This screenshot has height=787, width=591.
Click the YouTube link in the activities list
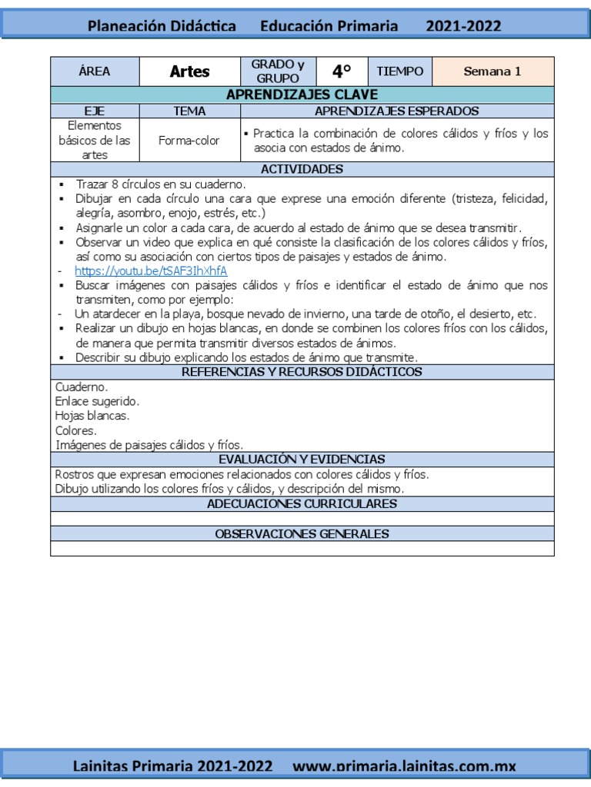coord(151,271)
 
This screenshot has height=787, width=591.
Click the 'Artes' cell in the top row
coord(189,71)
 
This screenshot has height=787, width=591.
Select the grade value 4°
coord(342,71)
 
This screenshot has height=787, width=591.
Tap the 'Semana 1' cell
coord(492,71)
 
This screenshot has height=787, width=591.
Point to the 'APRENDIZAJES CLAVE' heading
coord(302,95)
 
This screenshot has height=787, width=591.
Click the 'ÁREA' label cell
coord(95,71)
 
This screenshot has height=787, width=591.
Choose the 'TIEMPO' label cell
coord(400,71)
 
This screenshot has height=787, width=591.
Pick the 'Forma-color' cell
coord(189,141)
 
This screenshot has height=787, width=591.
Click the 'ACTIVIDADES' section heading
coord(302,169)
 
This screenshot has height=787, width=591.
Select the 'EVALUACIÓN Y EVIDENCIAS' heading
coord(302,459)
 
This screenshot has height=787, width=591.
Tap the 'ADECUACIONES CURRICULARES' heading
coord(302,504)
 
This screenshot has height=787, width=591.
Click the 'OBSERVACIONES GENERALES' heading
coord(302,533)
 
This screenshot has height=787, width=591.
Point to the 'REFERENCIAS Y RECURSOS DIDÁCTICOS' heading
coord(302,372)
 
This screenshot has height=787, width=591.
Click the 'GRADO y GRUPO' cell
coord(278,71)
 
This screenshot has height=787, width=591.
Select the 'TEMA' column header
coord(189,111)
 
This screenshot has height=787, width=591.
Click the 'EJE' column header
coord(95,111)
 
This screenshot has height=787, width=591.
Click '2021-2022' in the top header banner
coord(463,26)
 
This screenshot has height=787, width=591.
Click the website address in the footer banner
coord(405,766)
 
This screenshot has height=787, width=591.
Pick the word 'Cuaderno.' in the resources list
coord(82,387)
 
